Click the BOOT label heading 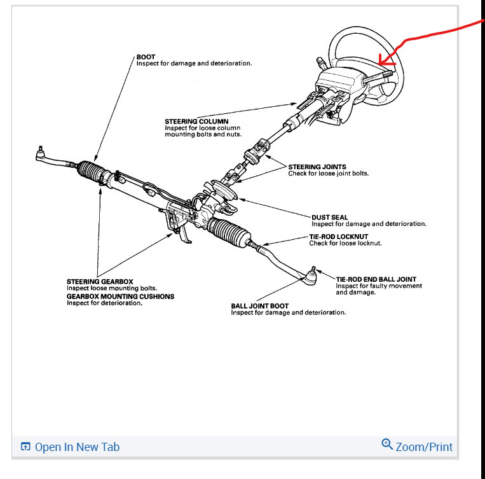coord(146,57)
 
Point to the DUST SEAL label coord(329,218)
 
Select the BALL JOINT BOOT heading coord(259,306)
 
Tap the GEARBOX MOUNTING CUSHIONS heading coord(120,296)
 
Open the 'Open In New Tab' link coord(77,447)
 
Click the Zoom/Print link coord(424,447)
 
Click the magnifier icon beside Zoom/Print coord(386,444)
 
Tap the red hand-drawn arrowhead coord(383,61)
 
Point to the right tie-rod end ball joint coord(312,274)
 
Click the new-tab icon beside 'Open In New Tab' coord(25,447)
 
